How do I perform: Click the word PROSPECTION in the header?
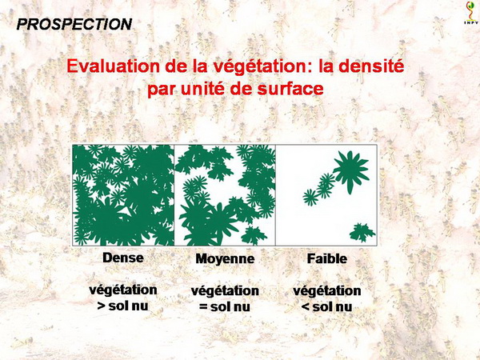click(74, 24)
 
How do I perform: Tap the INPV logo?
click(471, 13)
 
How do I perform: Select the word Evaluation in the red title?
click(114, 66)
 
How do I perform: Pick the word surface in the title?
click(290, 89)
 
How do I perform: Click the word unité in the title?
click(201, 89)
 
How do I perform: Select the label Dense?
click(123, 258)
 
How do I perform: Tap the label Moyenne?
click(225, 258)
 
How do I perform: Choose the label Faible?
click(327, 258)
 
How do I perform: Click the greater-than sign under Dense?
click(101, 306)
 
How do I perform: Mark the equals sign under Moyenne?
click(203, 306)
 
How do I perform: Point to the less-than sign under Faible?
click(306, 306)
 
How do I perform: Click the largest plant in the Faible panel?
click(351, 171)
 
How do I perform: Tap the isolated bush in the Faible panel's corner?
click(362, 233)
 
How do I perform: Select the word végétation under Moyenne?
click(225, 291)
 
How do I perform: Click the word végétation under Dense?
click(123, 290)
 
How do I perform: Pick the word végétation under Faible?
click(327, 291)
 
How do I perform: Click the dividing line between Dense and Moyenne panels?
click(174, 195)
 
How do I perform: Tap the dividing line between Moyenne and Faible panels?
click(275, 195)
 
